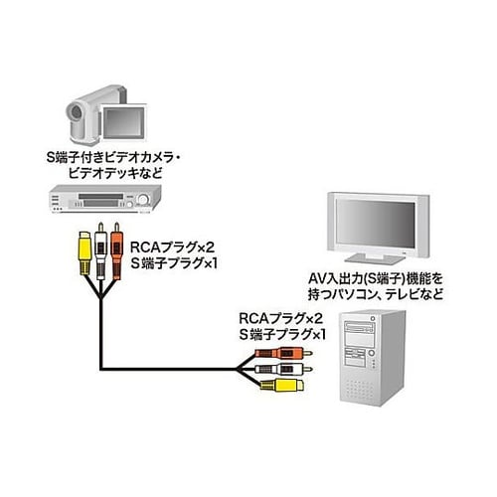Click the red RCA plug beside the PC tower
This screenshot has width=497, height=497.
point(277,351)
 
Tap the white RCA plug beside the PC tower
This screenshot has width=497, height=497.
point(279,367)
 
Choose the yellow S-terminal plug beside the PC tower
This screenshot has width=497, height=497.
point(283,383)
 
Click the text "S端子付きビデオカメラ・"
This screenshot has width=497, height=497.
point(123,155)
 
